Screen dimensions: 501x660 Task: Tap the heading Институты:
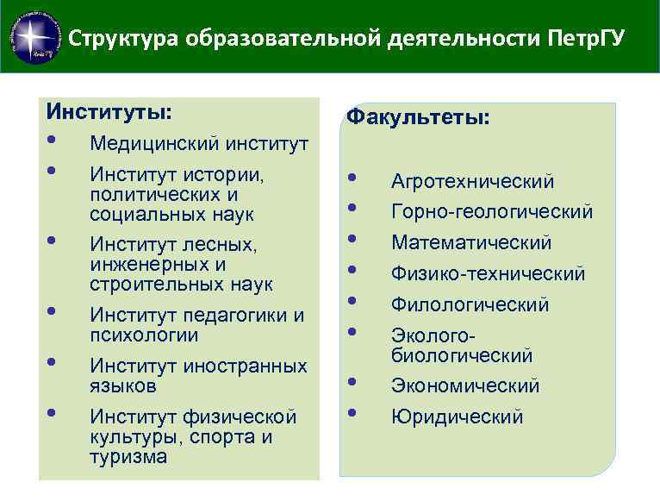click(109, 112)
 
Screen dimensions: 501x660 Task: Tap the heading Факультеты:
click(418, 117)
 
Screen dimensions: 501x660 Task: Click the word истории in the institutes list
click(222, 175)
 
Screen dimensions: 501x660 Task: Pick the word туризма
click(128, 457)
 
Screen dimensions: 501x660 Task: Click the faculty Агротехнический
click(472, 181)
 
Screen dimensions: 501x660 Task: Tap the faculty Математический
click(471, 243)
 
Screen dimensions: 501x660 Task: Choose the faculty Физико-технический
click(488, 274)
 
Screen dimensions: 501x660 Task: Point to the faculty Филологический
click(470, 305)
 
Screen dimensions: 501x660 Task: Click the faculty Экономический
click(465, 386)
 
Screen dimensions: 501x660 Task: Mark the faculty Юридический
click(457, 417)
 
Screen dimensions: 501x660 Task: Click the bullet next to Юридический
click(351, 412)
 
